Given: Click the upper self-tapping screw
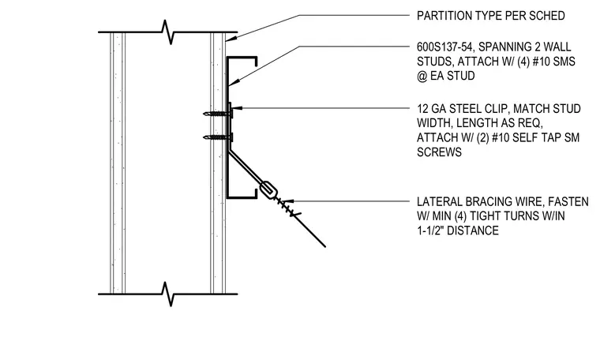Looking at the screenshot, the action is coord(218,113).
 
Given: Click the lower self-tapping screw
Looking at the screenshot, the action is coord(218,137).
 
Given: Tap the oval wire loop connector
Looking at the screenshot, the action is coord(268,190).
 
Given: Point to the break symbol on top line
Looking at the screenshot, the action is coord(167,32).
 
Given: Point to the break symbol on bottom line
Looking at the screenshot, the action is coord(167,294).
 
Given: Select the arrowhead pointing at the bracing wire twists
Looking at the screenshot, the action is coord(287,201).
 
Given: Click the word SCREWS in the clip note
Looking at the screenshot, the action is coord(439,152).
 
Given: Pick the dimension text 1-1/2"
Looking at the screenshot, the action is coord(430,231).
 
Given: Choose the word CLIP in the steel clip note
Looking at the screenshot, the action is coord(497,109).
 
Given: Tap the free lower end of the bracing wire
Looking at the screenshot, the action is coord(325,247).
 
